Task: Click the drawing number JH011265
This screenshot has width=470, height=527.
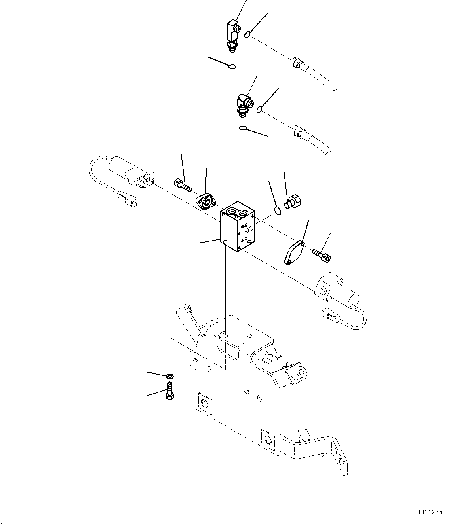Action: pos(428,512)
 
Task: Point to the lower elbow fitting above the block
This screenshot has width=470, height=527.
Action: pos(244,104)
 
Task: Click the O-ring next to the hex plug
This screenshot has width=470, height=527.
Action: pos(277,210)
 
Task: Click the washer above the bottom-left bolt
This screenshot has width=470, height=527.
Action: pos(170,376)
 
